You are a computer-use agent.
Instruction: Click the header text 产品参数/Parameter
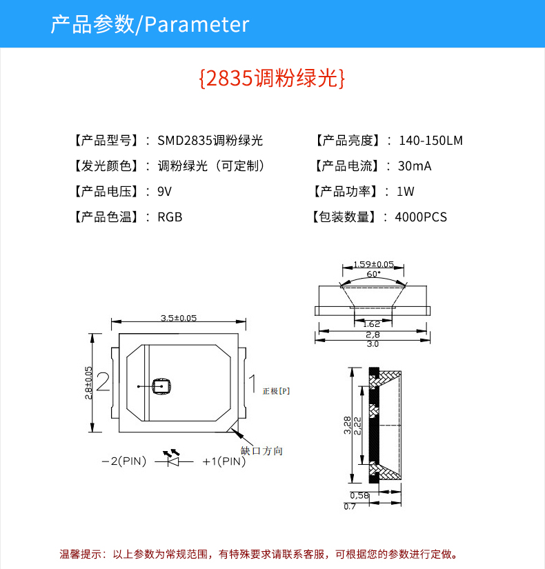tap(150, 25)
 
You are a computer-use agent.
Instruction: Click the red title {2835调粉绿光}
tap(271, 78)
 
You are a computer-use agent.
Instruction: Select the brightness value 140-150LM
tap(430, 141)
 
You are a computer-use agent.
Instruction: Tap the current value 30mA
tap(415, 166)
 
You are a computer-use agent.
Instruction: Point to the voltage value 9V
tap(164, 192)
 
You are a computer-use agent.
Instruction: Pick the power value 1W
tap(405, 192)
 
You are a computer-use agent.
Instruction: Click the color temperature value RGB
tap(170, 217)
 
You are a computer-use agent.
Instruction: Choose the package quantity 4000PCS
tap(421, 217)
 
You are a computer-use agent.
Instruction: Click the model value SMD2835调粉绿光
tap(210, 141)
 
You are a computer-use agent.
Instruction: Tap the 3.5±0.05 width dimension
tap(179, 319)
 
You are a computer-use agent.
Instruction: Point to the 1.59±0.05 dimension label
tap(373, 264)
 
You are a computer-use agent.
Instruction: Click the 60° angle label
tap(373, 274)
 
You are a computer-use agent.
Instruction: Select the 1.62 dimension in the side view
tap(371, 323)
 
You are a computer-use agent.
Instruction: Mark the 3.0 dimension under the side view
tap(373, 343)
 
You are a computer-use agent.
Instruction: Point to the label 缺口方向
tap(261, 450)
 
